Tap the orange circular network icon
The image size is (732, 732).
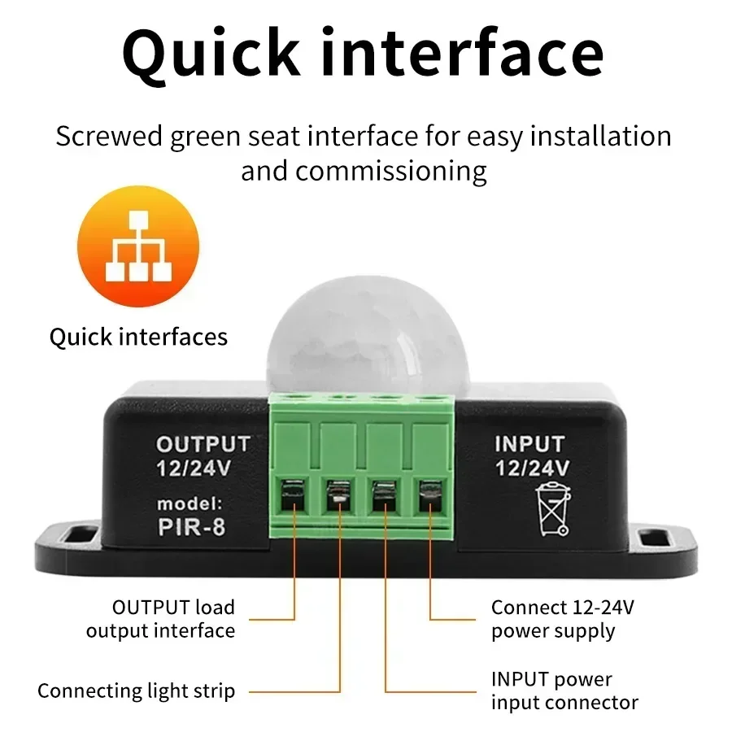[137, 246]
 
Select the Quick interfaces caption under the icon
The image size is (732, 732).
[138, 337]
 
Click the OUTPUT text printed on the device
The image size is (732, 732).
[203, 444]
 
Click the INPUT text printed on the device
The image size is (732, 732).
[529, 444]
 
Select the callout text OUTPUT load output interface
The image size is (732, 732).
[161, 619]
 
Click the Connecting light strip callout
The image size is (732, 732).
[136, 691]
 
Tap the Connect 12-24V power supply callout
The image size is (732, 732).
[553, 619]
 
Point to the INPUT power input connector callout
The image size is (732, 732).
[564, 691]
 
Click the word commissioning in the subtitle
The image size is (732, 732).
[390, 171]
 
